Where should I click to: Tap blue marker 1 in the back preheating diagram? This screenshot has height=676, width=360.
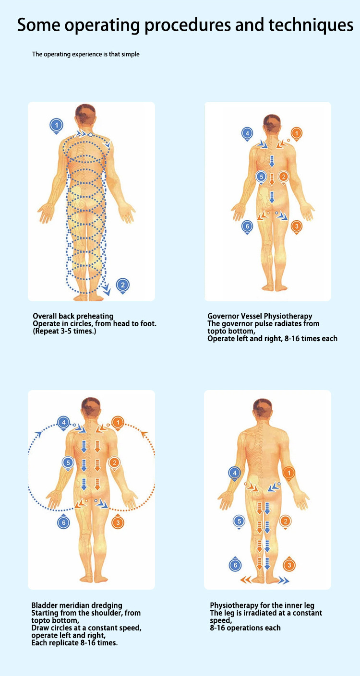(57, 126)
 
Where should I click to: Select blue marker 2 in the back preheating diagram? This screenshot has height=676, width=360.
(123, 285)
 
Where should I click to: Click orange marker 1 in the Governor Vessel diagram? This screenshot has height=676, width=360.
(297, 133)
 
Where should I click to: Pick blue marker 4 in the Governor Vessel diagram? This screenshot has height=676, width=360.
(247, 133)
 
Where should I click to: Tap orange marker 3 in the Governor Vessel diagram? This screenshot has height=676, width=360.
(297, 225)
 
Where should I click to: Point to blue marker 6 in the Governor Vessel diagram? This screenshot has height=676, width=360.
(247, 225)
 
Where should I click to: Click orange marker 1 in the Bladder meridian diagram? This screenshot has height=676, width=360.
(118, 423)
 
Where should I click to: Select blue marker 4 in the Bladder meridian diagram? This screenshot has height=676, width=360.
(63, 423)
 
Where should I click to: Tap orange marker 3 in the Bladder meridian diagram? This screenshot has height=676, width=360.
(118, 522)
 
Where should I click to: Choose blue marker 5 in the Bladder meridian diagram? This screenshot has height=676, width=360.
(68, 463)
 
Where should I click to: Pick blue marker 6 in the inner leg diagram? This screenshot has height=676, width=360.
(235, 565)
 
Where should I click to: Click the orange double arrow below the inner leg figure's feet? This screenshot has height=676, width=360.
(246, 581)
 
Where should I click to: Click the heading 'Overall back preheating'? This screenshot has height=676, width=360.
(73, 316)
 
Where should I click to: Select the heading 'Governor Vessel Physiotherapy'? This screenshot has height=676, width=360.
(260, 316)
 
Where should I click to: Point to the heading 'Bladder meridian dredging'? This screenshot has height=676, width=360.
(77, 605)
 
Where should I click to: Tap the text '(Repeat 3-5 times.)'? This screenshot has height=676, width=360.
(64, 331)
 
